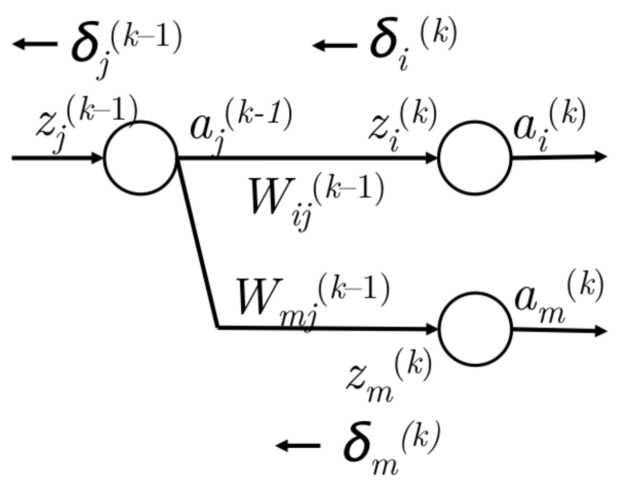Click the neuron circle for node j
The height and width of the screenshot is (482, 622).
tap(141, 158)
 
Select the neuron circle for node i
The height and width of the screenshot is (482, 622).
tap(475, 158)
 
